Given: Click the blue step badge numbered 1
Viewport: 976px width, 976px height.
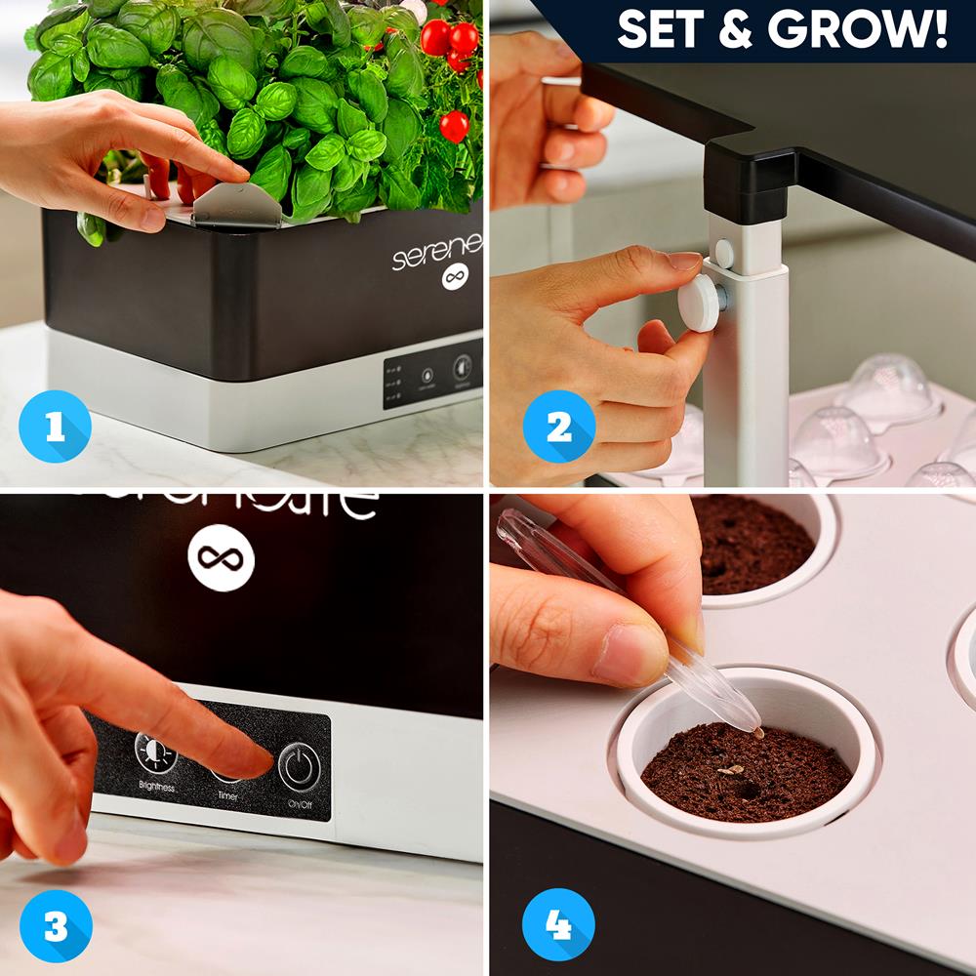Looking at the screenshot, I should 55,427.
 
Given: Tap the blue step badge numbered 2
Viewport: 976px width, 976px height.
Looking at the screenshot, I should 558,427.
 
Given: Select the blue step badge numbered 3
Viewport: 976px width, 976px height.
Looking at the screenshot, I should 55,926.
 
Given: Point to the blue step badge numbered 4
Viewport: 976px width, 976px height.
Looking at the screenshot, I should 558,926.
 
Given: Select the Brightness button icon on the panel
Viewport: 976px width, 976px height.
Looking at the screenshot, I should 155,752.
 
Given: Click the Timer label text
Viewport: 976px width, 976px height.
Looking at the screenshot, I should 227,796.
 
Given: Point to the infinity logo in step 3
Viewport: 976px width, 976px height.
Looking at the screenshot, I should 221,558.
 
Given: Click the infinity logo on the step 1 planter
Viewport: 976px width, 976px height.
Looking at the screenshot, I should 451,278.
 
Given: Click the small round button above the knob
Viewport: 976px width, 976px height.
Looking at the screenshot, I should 724,253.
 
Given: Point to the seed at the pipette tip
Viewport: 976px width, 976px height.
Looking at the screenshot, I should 755,731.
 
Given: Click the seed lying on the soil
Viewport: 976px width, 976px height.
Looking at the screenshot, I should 728,771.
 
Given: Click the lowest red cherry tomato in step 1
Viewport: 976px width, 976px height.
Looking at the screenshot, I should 453,126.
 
